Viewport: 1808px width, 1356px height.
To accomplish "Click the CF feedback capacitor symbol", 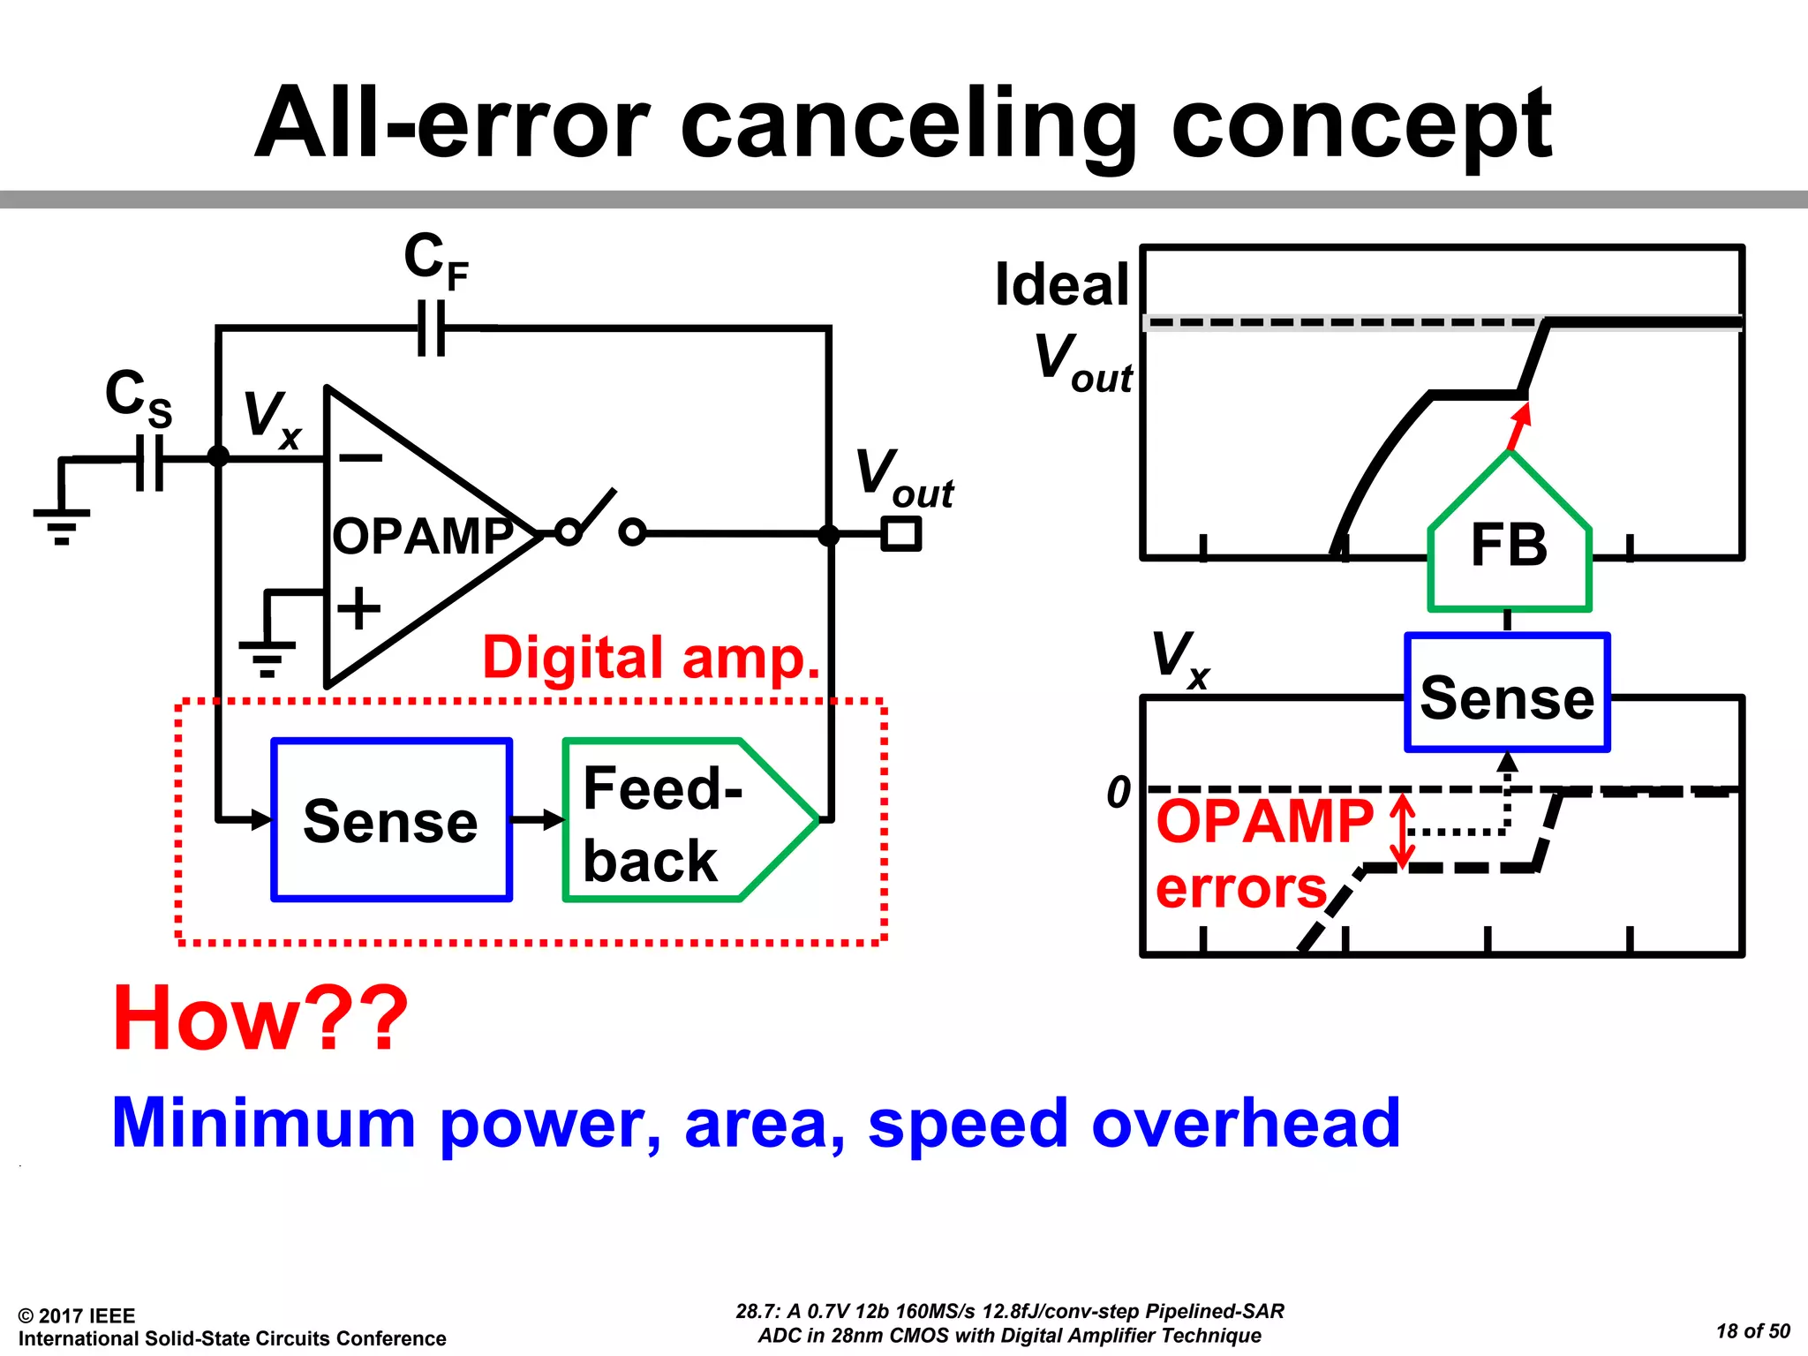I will pos(432,328).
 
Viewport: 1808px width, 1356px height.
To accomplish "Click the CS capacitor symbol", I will pos(150,461).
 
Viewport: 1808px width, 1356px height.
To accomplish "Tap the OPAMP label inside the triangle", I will pos(422,536).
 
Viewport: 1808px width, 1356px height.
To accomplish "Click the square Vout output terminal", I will pos(901,534).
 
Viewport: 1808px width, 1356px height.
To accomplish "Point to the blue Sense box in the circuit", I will pos(391,820).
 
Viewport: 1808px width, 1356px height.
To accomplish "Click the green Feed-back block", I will pos(680,820).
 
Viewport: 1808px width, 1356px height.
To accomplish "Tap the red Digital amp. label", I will pos(651,658).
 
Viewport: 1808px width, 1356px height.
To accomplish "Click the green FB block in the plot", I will pos(1509,545).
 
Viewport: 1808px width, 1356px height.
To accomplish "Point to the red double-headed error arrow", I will pos(1402,831).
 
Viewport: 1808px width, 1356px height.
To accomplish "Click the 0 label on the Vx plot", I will pos(1119,792).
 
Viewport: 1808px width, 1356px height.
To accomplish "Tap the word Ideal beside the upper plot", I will pos(1062,284).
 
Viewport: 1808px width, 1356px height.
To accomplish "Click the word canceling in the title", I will pos(909,124).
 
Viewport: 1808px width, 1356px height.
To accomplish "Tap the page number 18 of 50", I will pos(1752,1331).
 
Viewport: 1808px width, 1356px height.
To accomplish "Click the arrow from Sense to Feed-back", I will pos(537,820).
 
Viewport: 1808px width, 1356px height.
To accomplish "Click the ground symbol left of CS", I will pos(62,524).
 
